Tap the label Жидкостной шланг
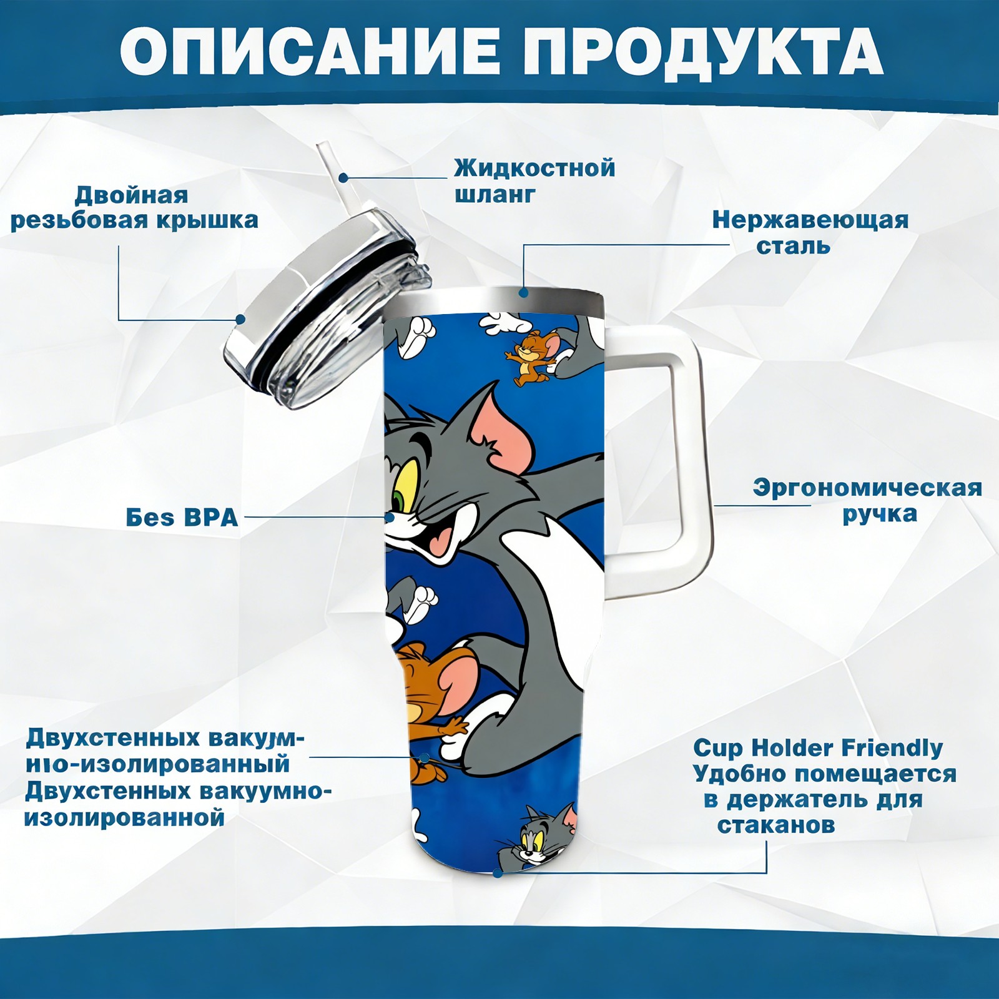coord(534,180)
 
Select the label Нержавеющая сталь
coord(810,232)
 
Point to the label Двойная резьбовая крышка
coord(134,207)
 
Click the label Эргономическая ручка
coord(867,500)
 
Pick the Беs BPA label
coord(182,518)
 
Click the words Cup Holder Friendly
coord(818,747)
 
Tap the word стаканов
coord(776,825)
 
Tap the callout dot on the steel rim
coord(523,292)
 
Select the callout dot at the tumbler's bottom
coord(497,873)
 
